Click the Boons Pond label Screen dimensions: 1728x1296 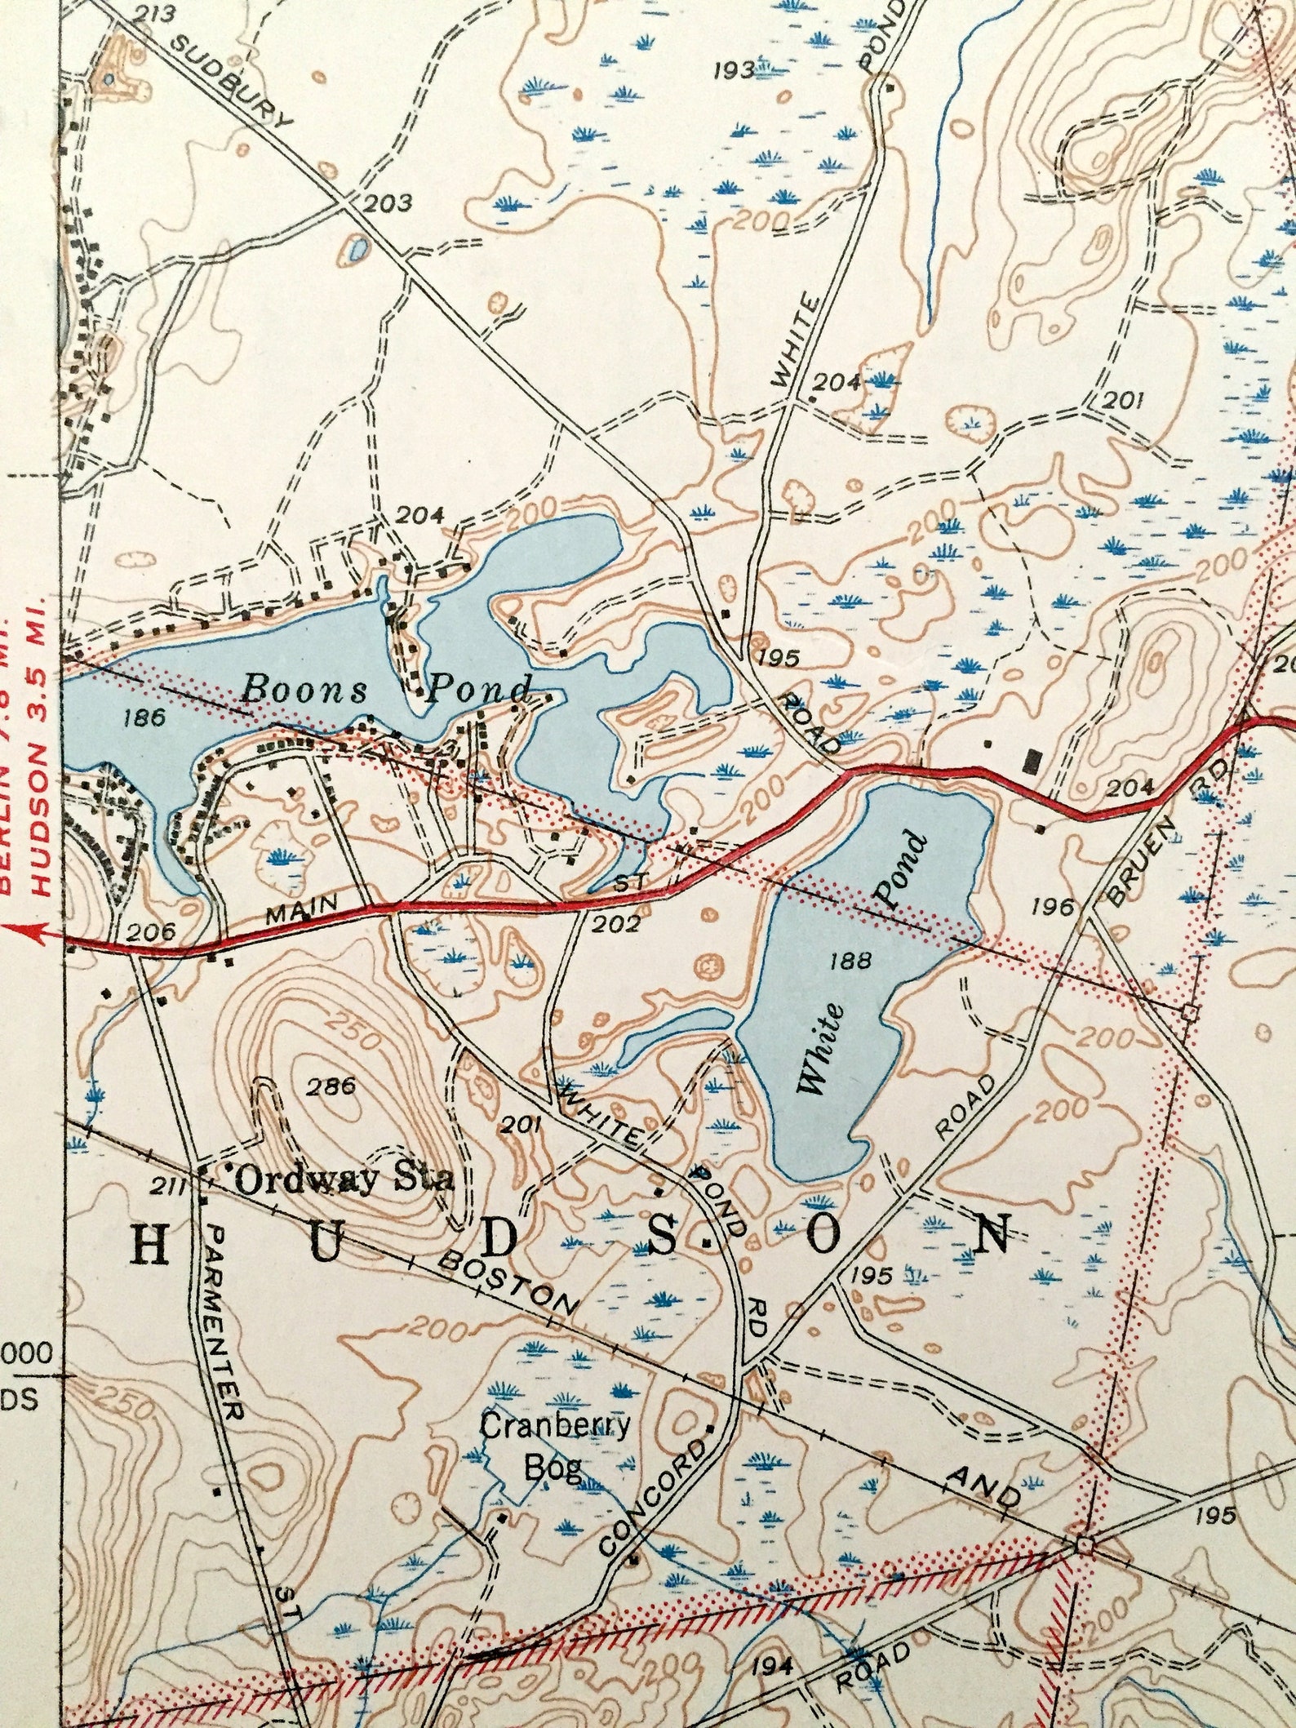point(385,690)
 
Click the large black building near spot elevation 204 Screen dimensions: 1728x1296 point(1033,761)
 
